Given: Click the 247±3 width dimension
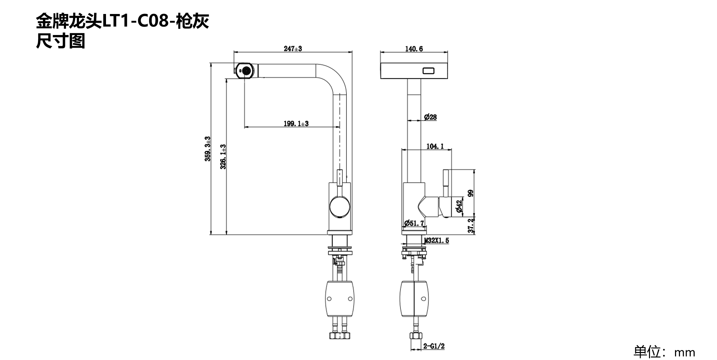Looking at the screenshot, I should pyautogui.click(x=293, y=49).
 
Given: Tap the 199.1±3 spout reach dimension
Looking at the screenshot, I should pyautogui.click(x=296, y=124).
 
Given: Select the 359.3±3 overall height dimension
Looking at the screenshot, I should pyautogui.click(x=208, y=149).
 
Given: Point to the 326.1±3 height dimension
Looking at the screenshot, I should pyautogui.click(x=223, y=157).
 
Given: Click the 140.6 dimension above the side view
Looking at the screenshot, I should pyautogui.click(x=414, y=49).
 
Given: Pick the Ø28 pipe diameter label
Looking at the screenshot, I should pyautogui.click(x=430, y=117).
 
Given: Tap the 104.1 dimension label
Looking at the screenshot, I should pyautogui.click(x=435, y=146).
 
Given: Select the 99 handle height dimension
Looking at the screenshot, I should pyautogui.click(x=471, y=193).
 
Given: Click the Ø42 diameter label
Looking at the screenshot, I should pyautogui.click(x=459, y=206).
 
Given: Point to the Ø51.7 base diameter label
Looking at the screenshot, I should pyautogui.click(x=414, y=223).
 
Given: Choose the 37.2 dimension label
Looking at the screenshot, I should pyautogui.click(x=471, y=226).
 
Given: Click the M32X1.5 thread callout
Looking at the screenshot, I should pyautogui.click(x=436, y=240).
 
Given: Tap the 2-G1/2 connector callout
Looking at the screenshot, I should pyautogui.click(x=434, y=346).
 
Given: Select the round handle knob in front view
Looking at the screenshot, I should pyautogui.click(x=340, y=207).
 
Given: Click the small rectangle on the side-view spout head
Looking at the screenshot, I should pyautogui.click(x=428, y=71).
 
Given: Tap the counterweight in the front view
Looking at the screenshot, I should pyautogui.click(x=340, y=299).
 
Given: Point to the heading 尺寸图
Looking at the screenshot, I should pyautogui.click(x=61, y=41).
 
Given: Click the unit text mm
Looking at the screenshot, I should pyautogui.click(x=685, y=352).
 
